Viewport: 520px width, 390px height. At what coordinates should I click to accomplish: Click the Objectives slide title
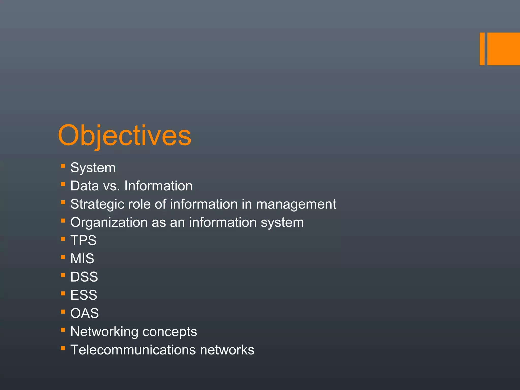(x=124, y=136)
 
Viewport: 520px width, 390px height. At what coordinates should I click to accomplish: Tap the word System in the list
(x=93, y=168)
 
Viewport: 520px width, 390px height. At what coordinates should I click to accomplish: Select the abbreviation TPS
(x=83, y=240)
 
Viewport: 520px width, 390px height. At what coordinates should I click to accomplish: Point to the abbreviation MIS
(x=82, y=259)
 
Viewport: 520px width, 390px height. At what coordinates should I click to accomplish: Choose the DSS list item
(x=84, y=277)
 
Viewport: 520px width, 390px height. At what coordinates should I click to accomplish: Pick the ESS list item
(x=84, y=295)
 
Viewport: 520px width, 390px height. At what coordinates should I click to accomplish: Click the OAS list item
(x=85, y=313)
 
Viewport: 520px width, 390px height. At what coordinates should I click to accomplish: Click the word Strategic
(x=97, y=204)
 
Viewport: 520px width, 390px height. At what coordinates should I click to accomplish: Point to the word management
(x=296, y=204)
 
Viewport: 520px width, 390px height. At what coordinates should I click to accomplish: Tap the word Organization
(x=109, y=223)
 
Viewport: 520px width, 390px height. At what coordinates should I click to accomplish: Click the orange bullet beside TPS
(x=63, y=239)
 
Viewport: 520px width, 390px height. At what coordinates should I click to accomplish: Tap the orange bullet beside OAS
(x=63, y=312)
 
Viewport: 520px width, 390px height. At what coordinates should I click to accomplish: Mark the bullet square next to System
(x=63, y=166)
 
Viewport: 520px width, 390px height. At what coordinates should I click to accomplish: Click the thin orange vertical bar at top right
(x=482, y=49)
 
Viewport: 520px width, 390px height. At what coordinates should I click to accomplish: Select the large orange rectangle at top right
(x=503, y=49)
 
